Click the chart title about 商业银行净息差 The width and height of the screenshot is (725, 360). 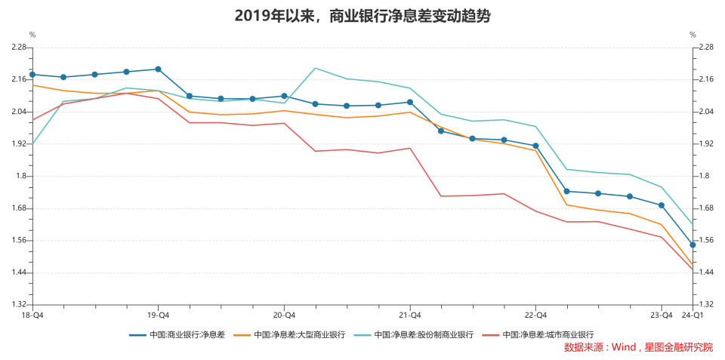point(362,16)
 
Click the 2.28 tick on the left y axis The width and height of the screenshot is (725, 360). point(18,48)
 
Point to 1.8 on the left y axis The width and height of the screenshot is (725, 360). point(20,177)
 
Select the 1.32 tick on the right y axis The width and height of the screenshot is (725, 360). point(705,305)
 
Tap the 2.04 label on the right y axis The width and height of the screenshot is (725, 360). point(705,112)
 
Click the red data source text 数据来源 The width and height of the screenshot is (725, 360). point(638,347)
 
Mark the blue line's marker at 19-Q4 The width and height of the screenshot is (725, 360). point(158,69)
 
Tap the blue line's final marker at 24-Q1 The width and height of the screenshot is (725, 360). point(693,245)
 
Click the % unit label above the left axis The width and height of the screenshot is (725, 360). point(32,35)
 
